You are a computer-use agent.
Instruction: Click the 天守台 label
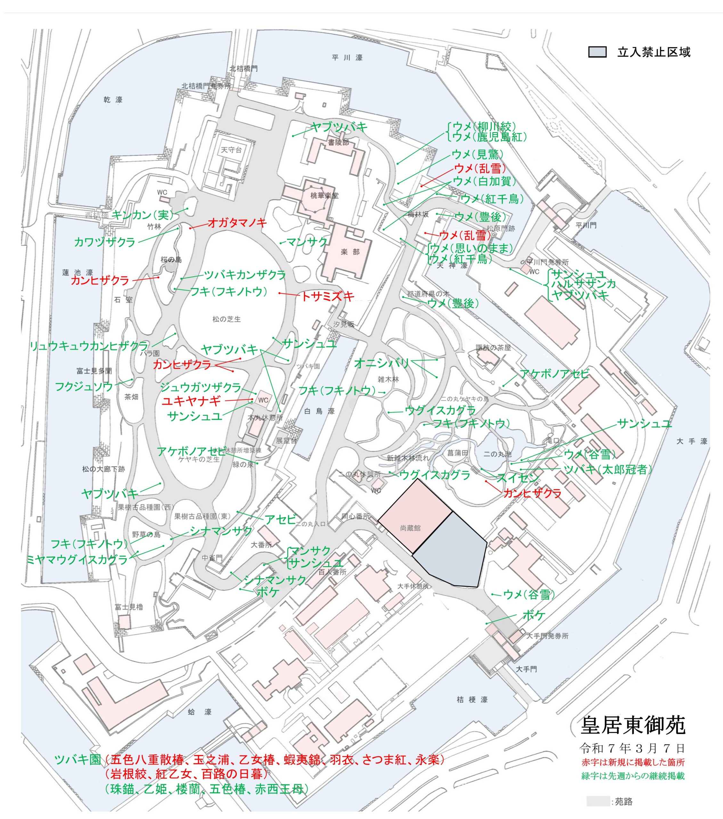click(x=232, y=150)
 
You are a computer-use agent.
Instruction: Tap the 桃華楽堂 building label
click(x=324, y=195)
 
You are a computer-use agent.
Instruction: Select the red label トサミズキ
click(x=328, y=297)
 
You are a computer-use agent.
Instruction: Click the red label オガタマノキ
click(x=237, y=223)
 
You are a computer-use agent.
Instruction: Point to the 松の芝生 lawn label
click(x=227, y=319)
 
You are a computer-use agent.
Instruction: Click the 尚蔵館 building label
click(x=410, y=528)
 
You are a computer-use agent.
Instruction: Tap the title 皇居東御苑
click(x=633, y=725)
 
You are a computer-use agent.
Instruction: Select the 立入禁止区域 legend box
click(x=597, y=52)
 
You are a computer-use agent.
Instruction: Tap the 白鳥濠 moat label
click(x=319, y=411)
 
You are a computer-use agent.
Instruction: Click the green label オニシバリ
click(x=381, y=363)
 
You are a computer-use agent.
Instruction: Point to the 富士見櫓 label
click(x=129, y=607)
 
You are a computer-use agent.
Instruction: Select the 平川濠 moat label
click(x=347, y=58)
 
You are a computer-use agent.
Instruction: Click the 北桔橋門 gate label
click(x=243, y=68)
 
